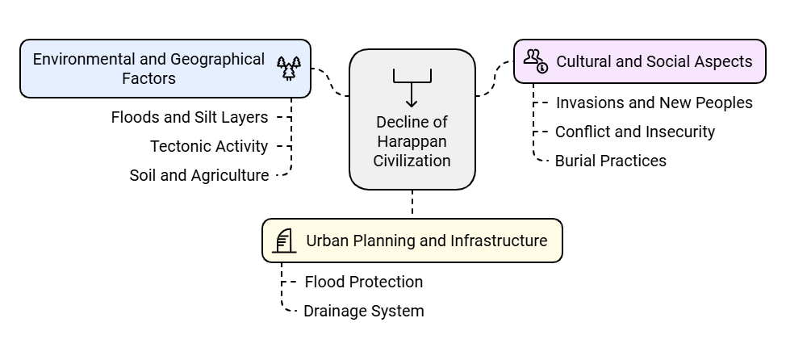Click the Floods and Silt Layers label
pyautogui.click(x=190, y=118)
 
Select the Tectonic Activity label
pyautogui.click(x=209, y=146)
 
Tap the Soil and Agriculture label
pyautogui.click(x=199, y=175)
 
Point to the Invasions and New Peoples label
pyautogui.click(x=654, y=103)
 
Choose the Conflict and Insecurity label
pyautogui.click(x=635, y=132)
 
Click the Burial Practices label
pyautogui.click(x=610, y=161)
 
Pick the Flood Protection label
pyautogui.click(x=363, y=282)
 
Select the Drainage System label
pyautogui.click(x=363, y=311)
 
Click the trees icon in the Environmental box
pyautogui.click(x=289, y=68)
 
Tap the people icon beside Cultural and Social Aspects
pyautogui.click(x=535, y=60)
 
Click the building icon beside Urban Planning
pyautogui.click(x=283, y=241)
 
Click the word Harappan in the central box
pyautogui.click(x=412, y=141)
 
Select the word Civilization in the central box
pyautogui.click(x=412, y=161)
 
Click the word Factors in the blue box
pyautogui.click(x=148, y=79)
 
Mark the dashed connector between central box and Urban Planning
pyautogui.click(x=412, y=203)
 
